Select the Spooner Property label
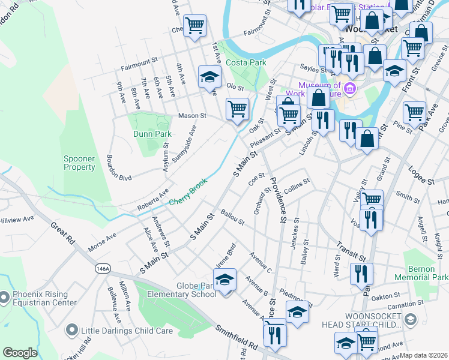click(x=80, y=163)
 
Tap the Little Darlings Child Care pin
click(x=73, y=329)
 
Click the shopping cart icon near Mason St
click(x=237, y=109)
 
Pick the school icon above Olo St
click(x=209, y=78)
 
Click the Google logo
click(x=20, y=353)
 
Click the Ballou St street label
click(x=232, y=217)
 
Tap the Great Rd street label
click(x=62, y=232)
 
